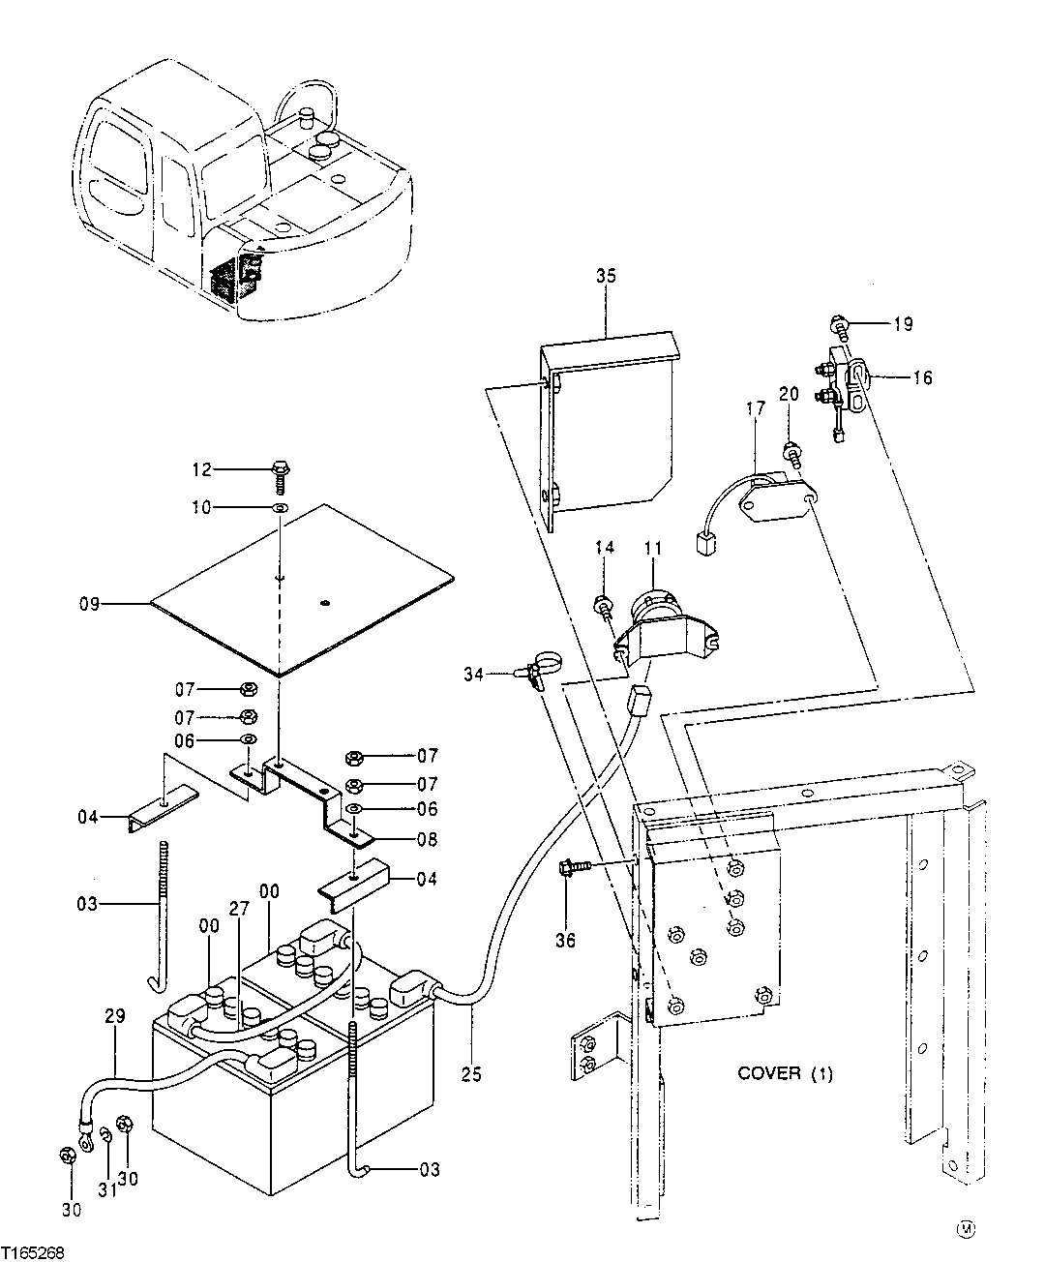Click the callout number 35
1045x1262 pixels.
606,276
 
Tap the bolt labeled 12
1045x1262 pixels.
279,473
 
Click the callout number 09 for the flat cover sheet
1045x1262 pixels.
90,605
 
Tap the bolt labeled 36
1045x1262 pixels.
568,869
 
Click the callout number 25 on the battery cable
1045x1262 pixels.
471,1073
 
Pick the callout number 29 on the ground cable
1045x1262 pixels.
115,1018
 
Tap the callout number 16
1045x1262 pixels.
922,378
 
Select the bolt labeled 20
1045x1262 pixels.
791,449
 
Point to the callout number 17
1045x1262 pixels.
756,409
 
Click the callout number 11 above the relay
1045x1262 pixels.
653,549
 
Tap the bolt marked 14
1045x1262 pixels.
603,608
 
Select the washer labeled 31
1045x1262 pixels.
107,1134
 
